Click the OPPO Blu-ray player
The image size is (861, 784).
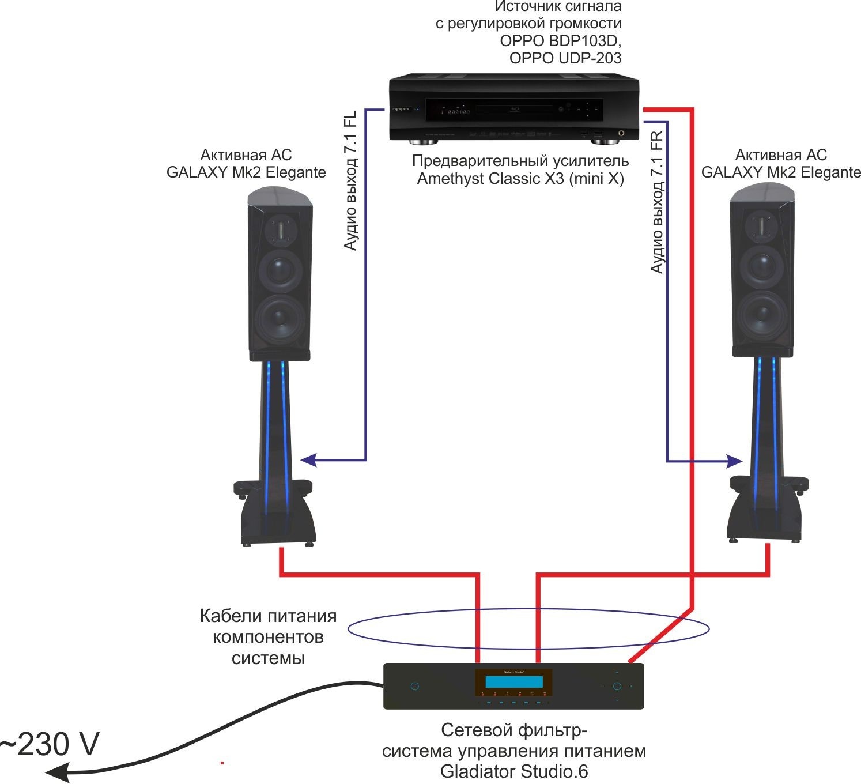(x=513, y=109)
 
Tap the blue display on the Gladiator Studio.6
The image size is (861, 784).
(x=513, y=682)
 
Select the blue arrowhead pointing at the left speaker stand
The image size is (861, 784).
(x=309, y=459)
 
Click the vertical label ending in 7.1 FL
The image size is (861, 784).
(x=350, y=180)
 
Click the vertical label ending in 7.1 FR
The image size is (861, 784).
(x=657, y=202)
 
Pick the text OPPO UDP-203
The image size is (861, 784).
(x=565, y=58)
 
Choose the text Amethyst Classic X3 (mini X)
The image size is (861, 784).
(x=520, y=179)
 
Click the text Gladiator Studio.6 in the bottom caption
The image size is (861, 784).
(x=514, y=771)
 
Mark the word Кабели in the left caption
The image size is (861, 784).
(x=226, y=616)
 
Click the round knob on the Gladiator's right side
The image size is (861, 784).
(x=617, y=686)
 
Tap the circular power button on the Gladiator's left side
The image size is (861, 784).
(x=414, y=686)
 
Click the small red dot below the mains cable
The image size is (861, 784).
(x=222, y=763)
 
